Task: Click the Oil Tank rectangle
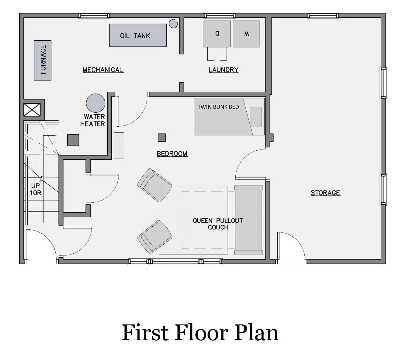138,36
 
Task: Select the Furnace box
43,60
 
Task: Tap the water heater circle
95,103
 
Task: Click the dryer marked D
217,34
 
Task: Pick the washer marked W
246,34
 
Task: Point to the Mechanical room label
103,70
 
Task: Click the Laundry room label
224,70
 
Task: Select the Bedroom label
172,154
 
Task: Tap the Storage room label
325,193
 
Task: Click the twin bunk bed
222,120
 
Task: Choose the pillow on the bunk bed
256,117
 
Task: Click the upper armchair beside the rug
154,185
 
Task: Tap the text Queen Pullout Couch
218,224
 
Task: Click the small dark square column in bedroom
162,138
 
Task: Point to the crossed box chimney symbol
32,110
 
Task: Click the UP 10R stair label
35,189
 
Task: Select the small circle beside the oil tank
173,23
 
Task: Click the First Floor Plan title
200,333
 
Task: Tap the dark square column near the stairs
73,140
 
